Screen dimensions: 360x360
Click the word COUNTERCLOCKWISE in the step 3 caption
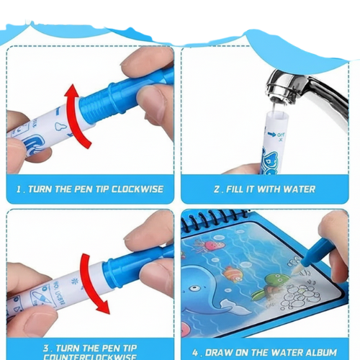pyautogui.click(x=90, y=356)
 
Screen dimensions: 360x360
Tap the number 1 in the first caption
pyautogui.click(x=19, y=190)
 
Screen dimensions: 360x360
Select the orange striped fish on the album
pyautogui.click(x=230, y=273)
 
